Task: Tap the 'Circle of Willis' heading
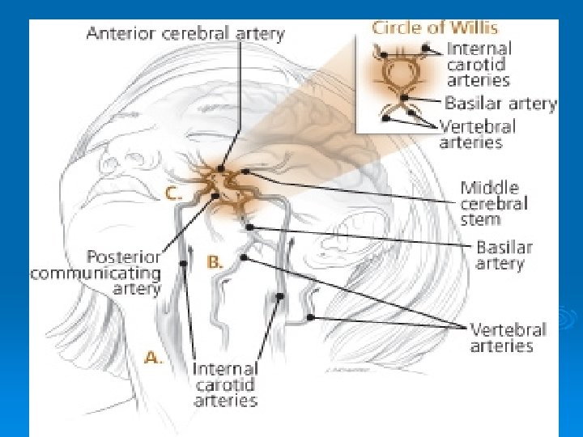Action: [434, 28]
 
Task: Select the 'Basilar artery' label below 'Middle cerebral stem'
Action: [504, 255]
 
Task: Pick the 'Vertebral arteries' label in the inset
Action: [477, 134]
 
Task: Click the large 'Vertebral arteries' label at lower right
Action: [508, 337]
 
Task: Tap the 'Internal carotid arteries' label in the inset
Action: [479, 65]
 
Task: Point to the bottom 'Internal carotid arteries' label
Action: [225, 384]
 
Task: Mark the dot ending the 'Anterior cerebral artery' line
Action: [221, 168]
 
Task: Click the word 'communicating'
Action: [96, 273]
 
